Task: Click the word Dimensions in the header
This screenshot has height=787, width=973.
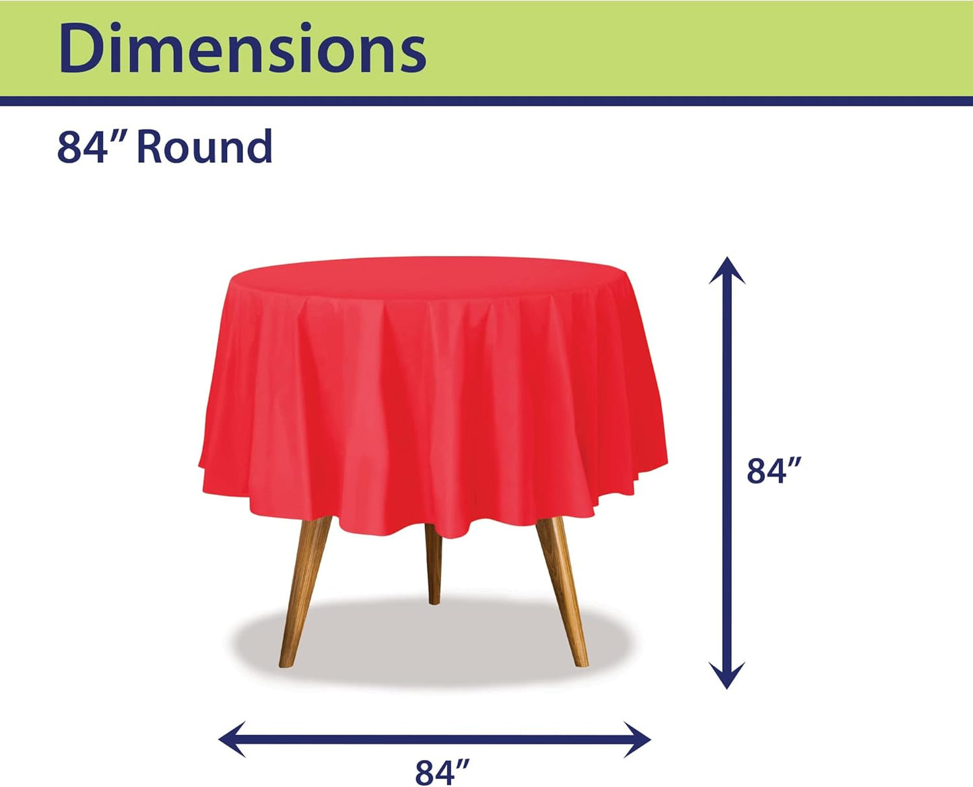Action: click(x=242, y=48)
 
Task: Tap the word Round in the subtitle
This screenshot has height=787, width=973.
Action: click(x=204, y=147)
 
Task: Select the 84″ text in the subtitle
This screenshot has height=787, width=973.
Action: click(x=83, y=147)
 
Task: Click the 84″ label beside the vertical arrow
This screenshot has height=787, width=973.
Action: click(x=774, y=471)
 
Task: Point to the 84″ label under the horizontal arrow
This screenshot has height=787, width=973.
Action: click(x=442, y=772)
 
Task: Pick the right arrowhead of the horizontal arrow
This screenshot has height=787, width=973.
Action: click(x=639, y=739)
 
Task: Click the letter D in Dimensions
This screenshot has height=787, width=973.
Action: click(x=79, y=48)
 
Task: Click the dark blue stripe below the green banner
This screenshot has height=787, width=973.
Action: click(x=486, y=101)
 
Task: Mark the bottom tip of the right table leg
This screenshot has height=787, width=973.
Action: click(x=582, y=662)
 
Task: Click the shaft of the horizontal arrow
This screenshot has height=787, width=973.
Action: click(x=435, y=739)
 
